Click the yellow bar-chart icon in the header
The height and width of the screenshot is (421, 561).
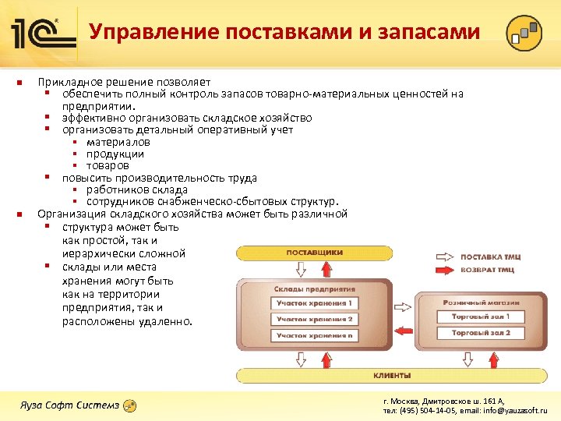click(524, 33)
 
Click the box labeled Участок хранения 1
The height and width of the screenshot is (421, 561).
click(312, 302)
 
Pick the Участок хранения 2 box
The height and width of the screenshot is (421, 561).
click(312, 319)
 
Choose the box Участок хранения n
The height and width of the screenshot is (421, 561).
click(312, 335)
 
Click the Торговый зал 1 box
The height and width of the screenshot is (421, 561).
click(481, 317)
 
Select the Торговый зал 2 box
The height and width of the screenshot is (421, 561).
click(481, 333)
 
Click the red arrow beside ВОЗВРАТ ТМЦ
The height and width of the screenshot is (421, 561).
click(441, 271)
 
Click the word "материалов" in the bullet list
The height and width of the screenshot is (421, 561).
click(118, 142)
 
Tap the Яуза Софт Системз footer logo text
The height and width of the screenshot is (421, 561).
click(69, 405)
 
